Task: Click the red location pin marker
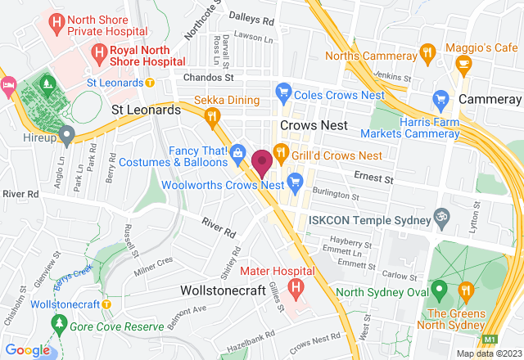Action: point(262,162)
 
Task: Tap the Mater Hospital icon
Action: point(296,288)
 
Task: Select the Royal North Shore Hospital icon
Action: point(99,53)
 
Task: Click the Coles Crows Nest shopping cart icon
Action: point(284,91)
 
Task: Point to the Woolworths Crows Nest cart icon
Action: point(296,180)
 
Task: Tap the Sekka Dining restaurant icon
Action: point(214,118)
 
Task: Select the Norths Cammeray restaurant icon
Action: point(426,52)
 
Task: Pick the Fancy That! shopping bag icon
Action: point(237,151)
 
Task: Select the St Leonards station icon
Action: point(150,83)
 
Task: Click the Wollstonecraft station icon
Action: point(106,304)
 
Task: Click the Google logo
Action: point(27,350)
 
